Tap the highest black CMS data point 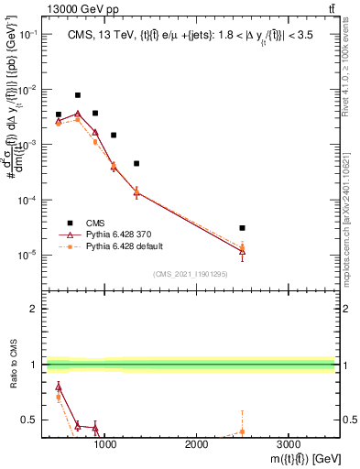coord(78,95)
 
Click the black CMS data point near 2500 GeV coord(242,228)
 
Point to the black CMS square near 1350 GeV coord(136,164)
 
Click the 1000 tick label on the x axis coord(105,444)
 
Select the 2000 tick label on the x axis coord(196,444)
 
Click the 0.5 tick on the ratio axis coord(30,420)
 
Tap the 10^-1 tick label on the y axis coord(27,35)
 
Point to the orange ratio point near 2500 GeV coord(242,431)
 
